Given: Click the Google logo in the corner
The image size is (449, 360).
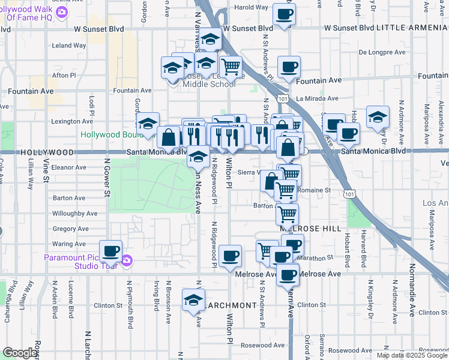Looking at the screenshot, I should [x=20, y=353].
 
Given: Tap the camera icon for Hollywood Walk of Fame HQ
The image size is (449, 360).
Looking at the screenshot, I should [x=61, y=13].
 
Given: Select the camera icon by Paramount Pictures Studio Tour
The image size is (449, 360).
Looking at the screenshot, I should [x=126, y=260].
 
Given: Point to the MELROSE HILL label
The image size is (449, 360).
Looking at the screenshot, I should [x=310, y=229].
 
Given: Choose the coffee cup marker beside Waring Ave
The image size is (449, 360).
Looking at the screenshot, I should [x=110, y=251].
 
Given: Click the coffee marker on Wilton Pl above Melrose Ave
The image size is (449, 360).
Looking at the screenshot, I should [x=230, y=256].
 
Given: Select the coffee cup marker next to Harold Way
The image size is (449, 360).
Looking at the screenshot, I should [x=284, y=14].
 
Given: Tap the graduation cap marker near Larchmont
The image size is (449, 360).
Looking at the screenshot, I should [x=193, y=300].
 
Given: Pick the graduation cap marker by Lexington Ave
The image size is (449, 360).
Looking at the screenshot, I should [x=148, y=124].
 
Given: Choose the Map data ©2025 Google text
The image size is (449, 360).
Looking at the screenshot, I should [x=411, y=355].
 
